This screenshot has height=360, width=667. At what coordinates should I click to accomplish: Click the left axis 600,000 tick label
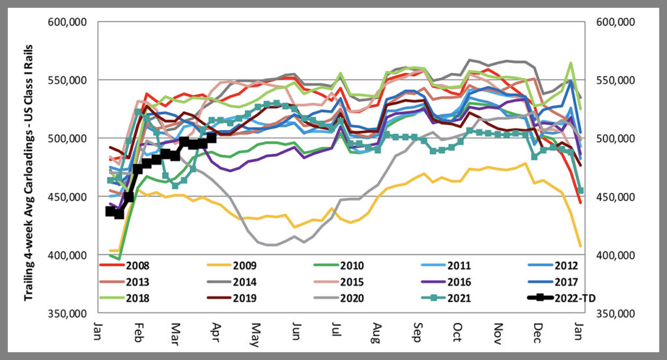point(70,22)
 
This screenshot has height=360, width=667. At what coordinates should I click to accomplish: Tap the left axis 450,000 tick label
point(70,197)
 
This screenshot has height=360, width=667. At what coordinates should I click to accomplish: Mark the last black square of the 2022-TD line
point(210,138)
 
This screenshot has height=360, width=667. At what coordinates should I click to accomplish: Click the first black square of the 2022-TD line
point(110,212)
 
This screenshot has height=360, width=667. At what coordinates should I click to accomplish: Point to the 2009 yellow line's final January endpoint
point(580,245)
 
